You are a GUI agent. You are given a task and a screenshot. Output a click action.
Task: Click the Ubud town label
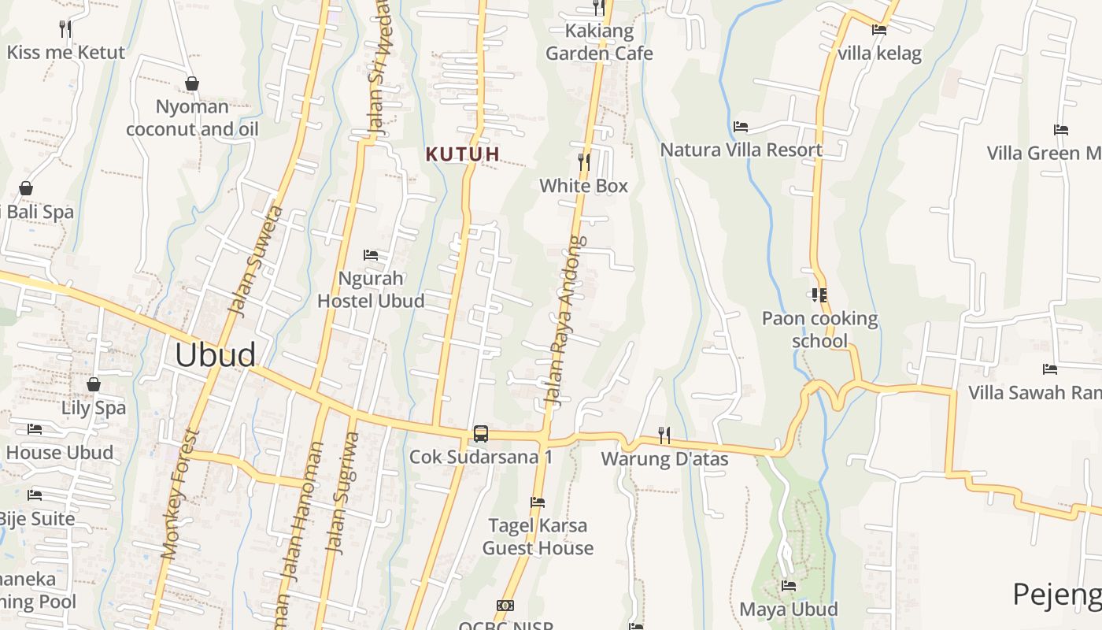(x=215, y=355)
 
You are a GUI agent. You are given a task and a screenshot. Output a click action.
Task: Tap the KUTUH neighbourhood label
(x=463, y=154)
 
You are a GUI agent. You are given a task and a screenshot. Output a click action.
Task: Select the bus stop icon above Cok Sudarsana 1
(x=480, y=433)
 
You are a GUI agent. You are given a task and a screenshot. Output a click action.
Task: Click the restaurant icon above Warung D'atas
(x=664, y=435)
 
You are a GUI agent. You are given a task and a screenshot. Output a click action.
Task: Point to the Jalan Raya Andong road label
(x=567, y=321)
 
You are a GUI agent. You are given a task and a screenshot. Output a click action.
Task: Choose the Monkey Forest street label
(x=179, y=494)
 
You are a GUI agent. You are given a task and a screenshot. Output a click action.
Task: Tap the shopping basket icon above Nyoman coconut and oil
(x=191, y=83)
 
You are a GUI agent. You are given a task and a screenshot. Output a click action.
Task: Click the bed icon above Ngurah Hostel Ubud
(x=371, y=255)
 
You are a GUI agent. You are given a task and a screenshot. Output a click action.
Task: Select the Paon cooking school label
(x=819, y=329)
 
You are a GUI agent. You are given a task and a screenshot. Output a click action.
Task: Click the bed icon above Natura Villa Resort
(x=740, y=126)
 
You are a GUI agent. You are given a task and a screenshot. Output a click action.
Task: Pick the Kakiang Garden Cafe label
(x=599, y=43)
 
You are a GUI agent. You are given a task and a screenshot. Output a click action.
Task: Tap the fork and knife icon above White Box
(x=583, y=162)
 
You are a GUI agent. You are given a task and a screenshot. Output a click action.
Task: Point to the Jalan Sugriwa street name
(x=343, y=493)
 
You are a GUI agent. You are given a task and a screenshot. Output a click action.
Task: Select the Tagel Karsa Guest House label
(x=538, y=536)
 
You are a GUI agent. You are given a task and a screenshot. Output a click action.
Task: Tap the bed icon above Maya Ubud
(x=789, y=586)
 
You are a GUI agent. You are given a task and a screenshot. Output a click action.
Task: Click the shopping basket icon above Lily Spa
(x=94, y=384)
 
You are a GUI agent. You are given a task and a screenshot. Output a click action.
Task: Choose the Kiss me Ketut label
(x=66, y=53)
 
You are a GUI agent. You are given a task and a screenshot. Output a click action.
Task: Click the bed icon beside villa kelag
(x=879, y=30)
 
